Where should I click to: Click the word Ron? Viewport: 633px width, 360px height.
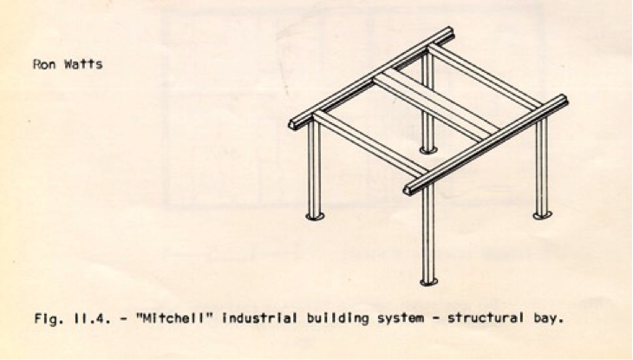pos(44,64)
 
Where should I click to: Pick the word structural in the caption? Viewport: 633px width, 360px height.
pos(486,317)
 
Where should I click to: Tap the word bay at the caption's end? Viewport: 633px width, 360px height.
pos(550,317)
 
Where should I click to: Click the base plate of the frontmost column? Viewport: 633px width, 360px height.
pos(428,281)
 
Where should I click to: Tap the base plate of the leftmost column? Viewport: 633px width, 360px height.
pos(315,214)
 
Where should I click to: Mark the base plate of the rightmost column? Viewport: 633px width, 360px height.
pos(542,213)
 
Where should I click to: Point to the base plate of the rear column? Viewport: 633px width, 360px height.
pos(428,149)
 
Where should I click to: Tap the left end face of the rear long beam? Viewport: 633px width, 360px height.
pos(294,125)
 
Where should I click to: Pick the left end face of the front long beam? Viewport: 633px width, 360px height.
pos(409,188)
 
